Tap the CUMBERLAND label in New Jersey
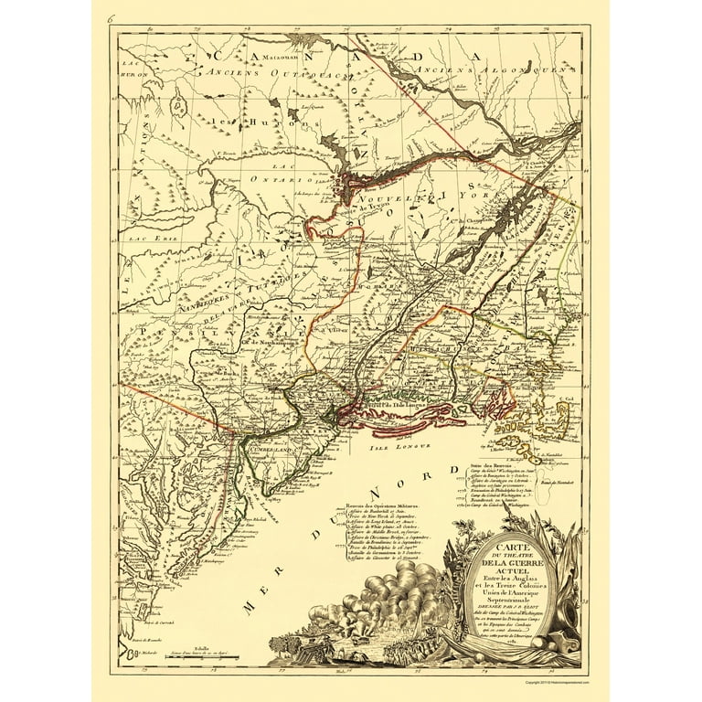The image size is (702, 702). pos(263,450)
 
